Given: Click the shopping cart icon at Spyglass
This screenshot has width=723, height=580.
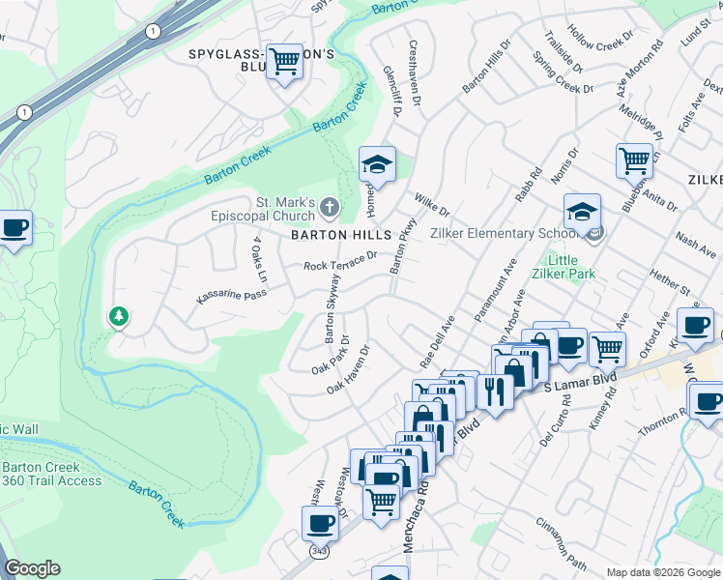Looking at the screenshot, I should (x=284, y=62).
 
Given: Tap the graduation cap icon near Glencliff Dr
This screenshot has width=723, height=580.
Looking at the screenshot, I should (x=377, y=164).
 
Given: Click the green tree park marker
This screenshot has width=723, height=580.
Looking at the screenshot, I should (x=118, y=316).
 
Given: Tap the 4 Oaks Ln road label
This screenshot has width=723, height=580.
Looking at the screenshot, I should (x=258, y=252).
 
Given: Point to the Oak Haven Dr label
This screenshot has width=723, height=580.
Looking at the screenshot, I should (x=349, y=370).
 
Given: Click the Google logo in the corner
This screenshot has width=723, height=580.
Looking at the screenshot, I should (x=32, y=568).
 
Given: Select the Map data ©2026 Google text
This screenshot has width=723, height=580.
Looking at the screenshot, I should (x=662, y=572).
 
